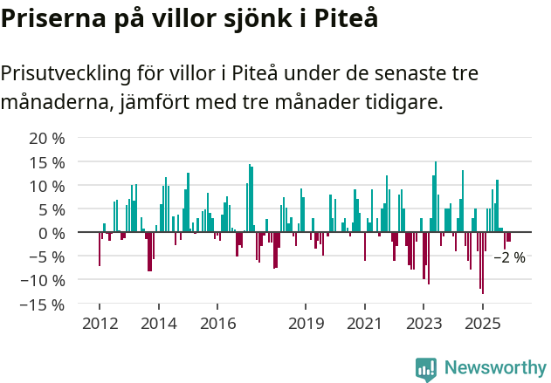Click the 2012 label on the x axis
(x=99, y=324)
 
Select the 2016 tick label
(x=217, y=324)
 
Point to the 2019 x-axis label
(x=306, y=324)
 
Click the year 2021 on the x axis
(x=365, y=324)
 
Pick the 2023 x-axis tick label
(x=424, y=324)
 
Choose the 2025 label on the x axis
(x=483, y=324)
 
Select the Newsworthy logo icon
(x=426, y=368)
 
